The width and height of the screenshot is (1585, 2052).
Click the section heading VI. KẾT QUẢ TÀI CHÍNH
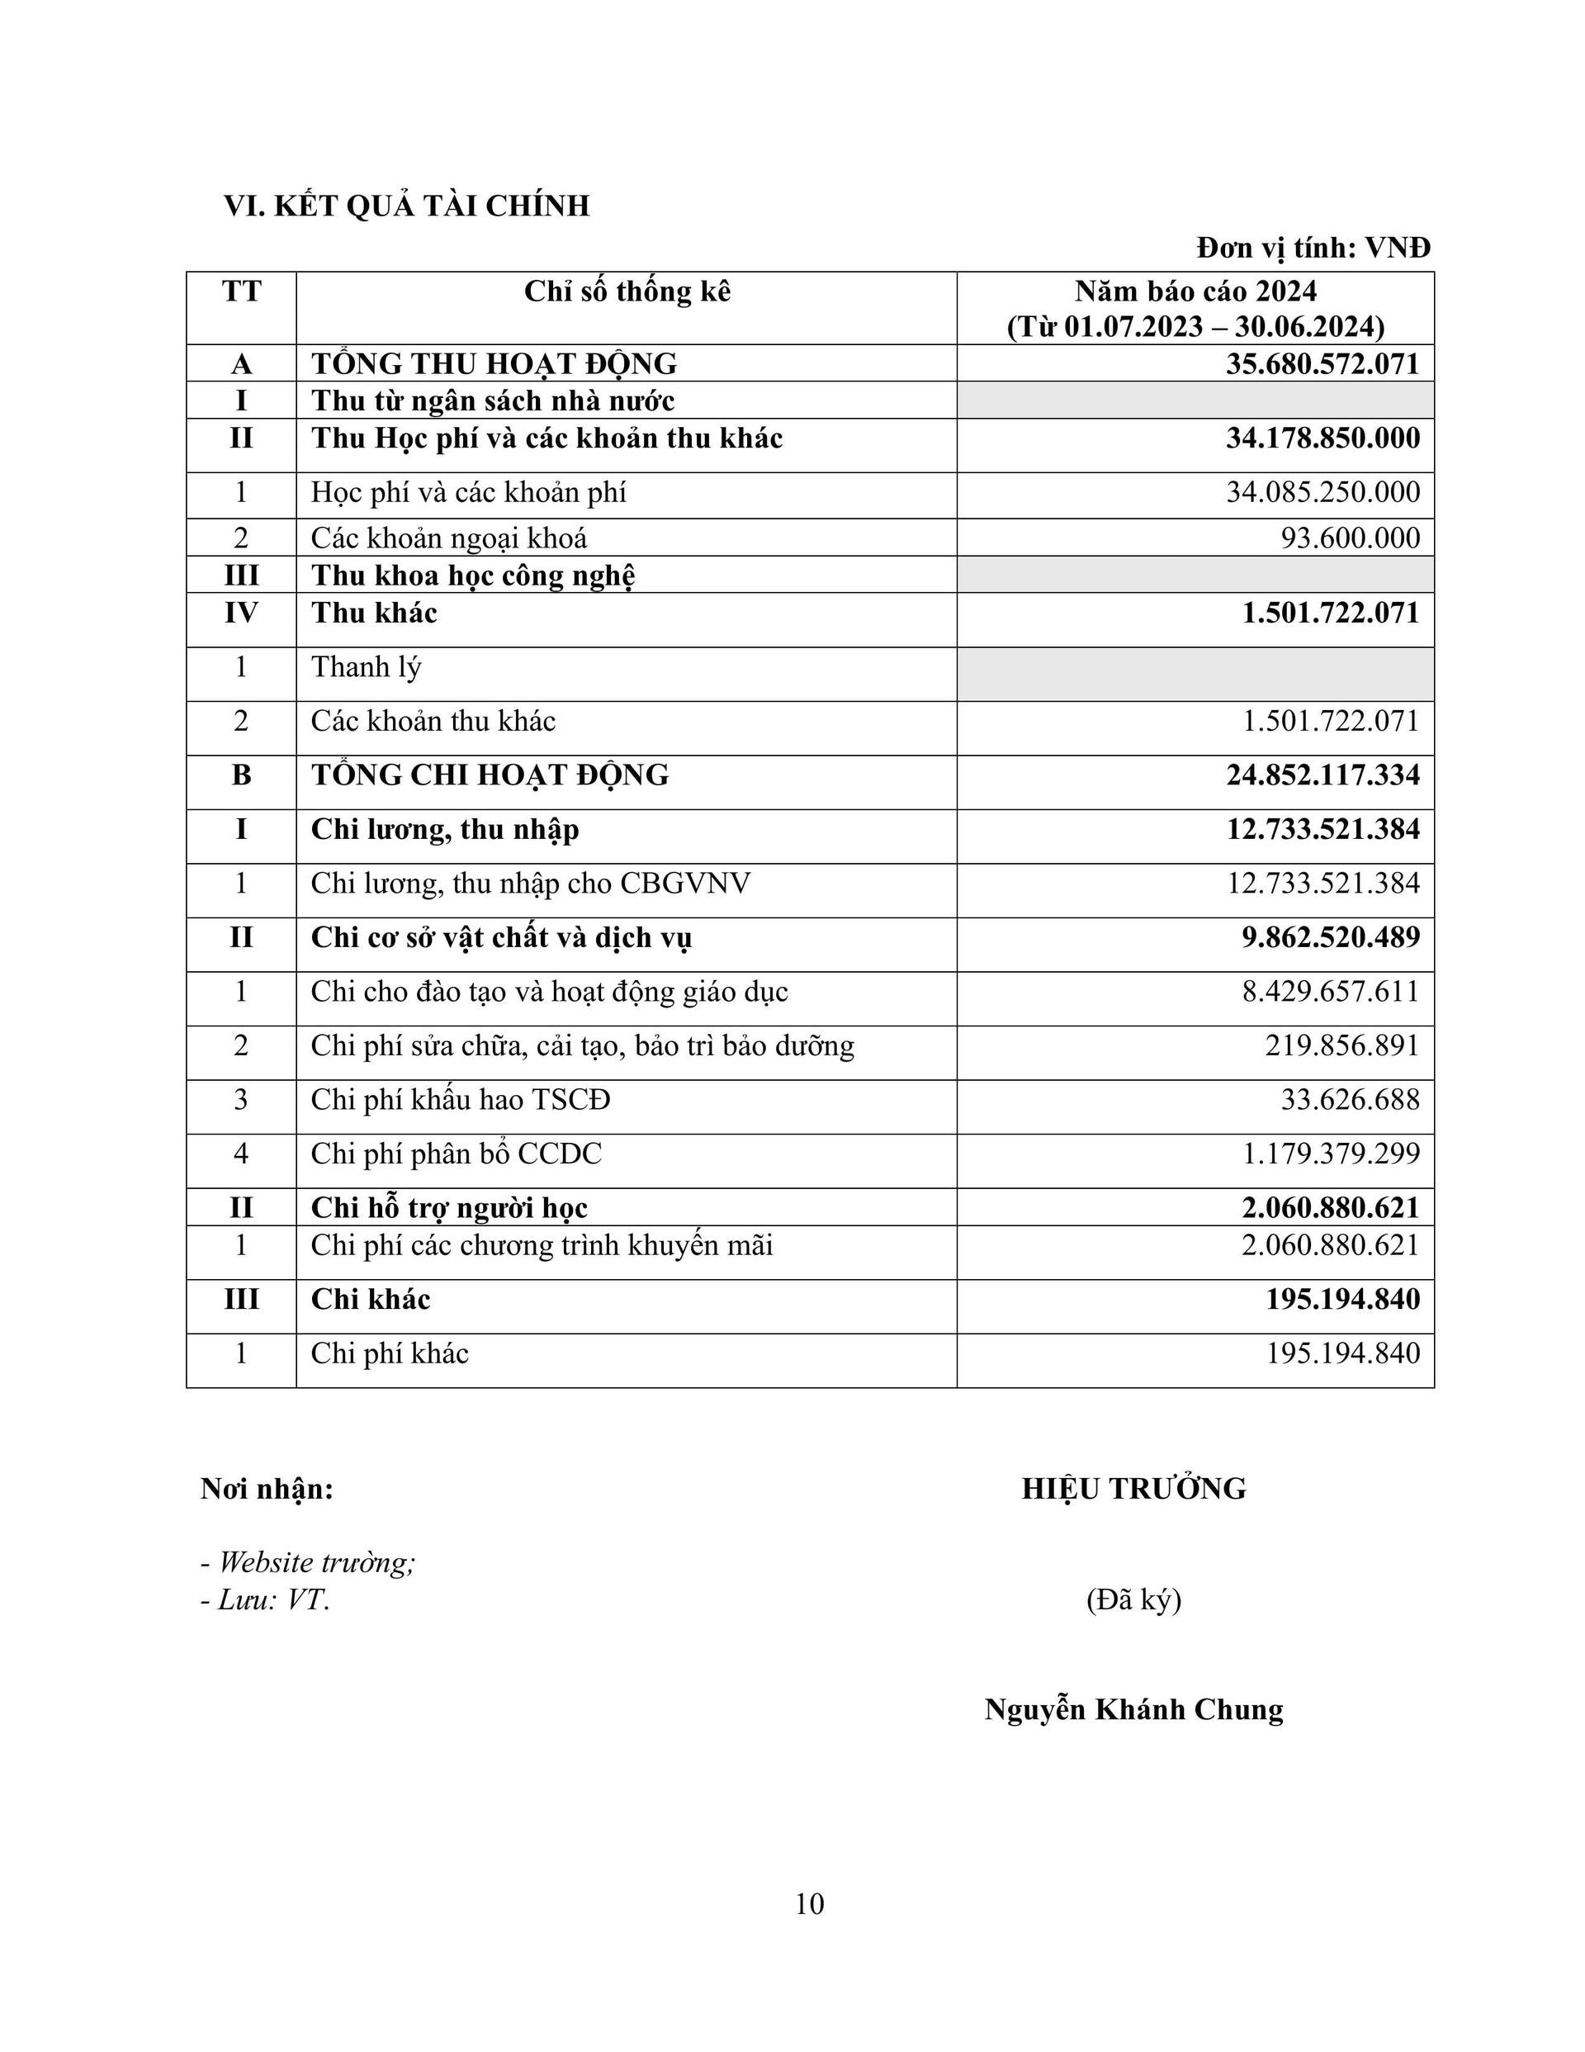(406, 206)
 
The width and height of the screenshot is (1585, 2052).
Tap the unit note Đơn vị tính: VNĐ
(1313, 248)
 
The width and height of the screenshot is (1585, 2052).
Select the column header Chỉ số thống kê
(627, 292)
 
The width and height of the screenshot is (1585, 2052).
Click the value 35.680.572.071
(1322, 363)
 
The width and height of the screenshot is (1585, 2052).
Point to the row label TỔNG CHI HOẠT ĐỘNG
(490, 775)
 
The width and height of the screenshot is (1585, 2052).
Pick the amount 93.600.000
(1350, 538)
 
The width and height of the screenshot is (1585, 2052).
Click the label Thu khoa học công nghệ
(472, 575)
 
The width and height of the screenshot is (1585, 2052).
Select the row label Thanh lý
(367, 667)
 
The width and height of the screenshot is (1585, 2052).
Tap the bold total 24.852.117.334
(1322, 775)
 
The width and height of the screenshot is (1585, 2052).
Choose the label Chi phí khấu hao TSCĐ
(461, 1099)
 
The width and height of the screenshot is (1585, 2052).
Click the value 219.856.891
(1341, 1045)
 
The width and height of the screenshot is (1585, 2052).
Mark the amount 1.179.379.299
(1331, 1154)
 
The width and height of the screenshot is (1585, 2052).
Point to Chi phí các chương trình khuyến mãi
(542, 1246)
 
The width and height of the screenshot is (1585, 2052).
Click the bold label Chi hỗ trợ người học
(449, 1208)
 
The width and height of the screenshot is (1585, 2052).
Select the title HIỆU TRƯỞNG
(1134, 1489)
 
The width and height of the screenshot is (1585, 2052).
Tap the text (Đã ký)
(1134, 1599)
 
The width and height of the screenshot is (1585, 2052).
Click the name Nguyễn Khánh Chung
(1134, 1709)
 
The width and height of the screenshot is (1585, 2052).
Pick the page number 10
(809, 1903)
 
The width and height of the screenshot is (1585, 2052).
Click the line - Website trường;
(308, 1562)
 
